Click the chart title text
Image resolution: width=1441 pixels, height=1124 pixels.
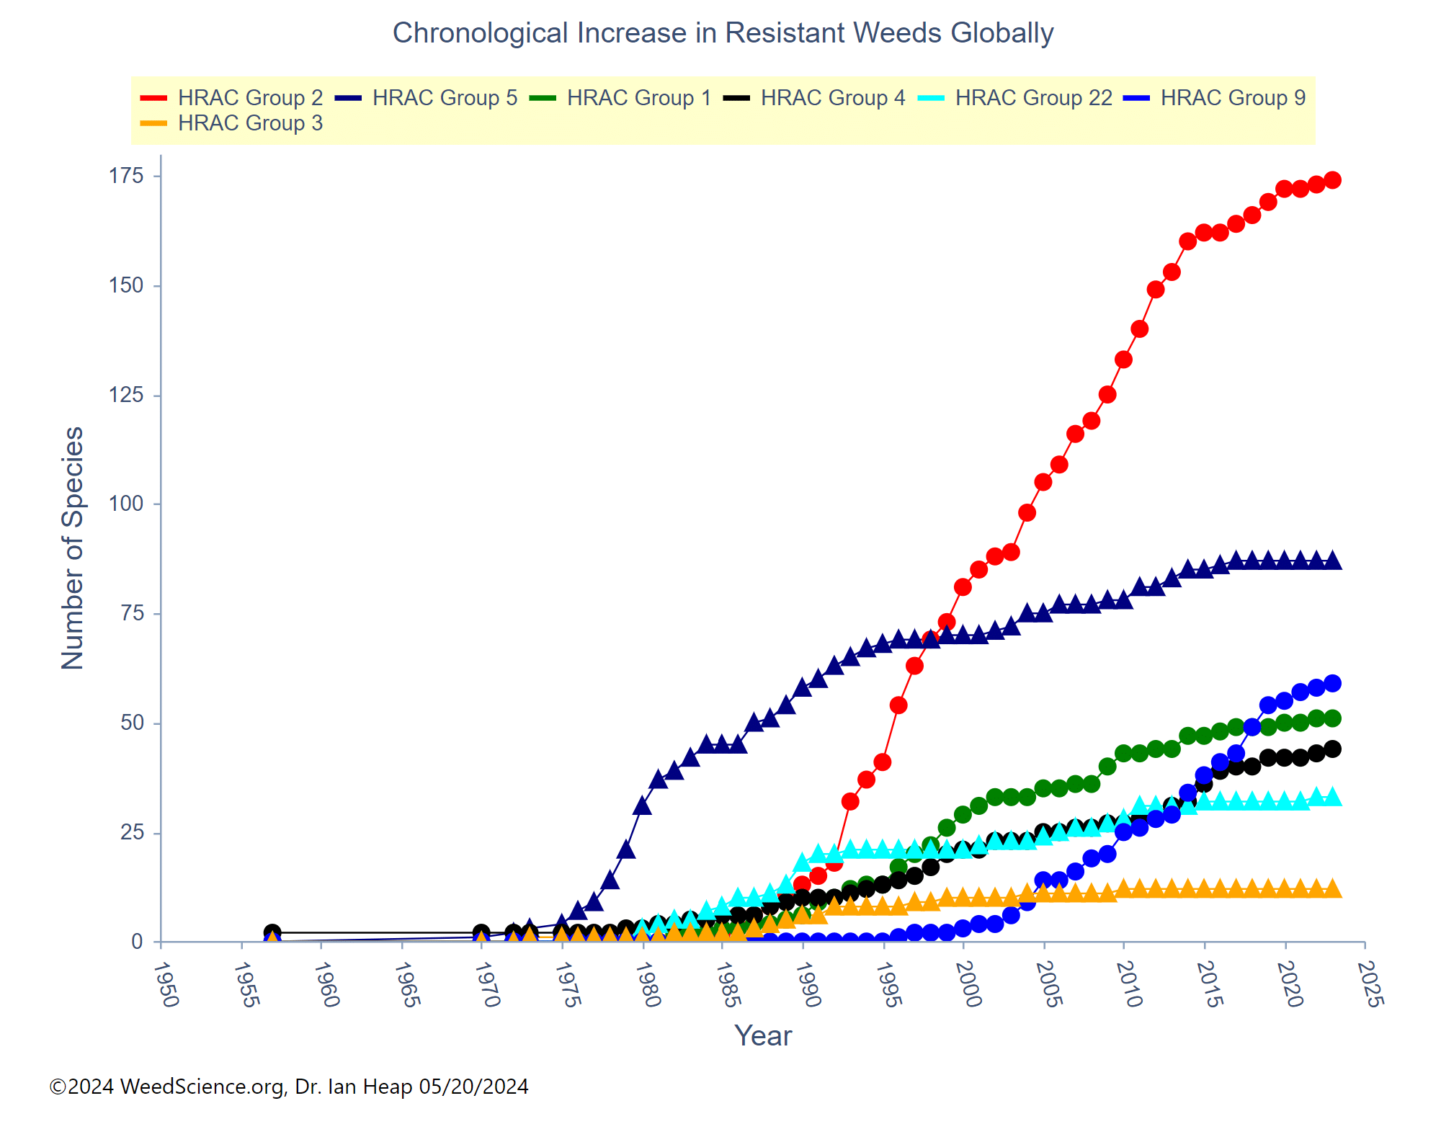pyautogui.click(x=723, y=33)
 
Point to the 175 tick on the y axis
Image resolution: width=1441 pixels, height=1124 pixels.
pyautogui.click(x=126, y=176)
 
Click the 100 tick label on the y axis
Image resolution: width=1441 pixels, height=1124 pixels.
pyautogui.click(x=126, y=504)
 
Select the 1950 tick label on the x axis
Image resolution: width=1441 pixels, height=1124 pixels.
pyautogui.click(x=166, y=984)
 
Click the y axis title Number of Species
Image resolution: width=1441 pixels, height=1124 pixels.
pyautogui.click(x=73, y=548)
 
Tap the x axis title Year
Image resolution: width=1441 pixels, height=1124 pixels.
pyautogui.click(x=763, y=1036)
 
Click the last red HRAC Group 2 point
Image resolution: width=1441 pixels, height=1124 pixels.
pyautogui.click(x=1332, y=180)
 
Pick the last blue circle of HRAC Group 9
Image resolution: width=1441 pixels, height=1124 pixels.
pyautogui.click(x=1332, y=683)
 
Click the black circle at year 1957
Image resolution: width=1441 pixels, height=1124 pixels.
pyautogui.click(x=272, y=932)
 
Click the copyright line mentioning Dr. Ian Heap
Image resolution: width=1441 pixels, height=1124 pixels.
pyautogui.click(x=289, y=1087)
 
